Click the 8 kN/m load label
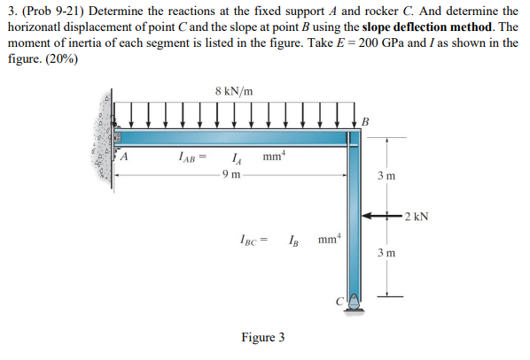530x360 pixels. point(234,90)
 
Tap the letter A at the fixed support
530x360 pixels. point(125,158)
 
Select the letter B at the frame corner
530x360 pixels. point(365,121)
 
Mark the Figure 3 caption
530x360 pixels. point(262,338)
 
